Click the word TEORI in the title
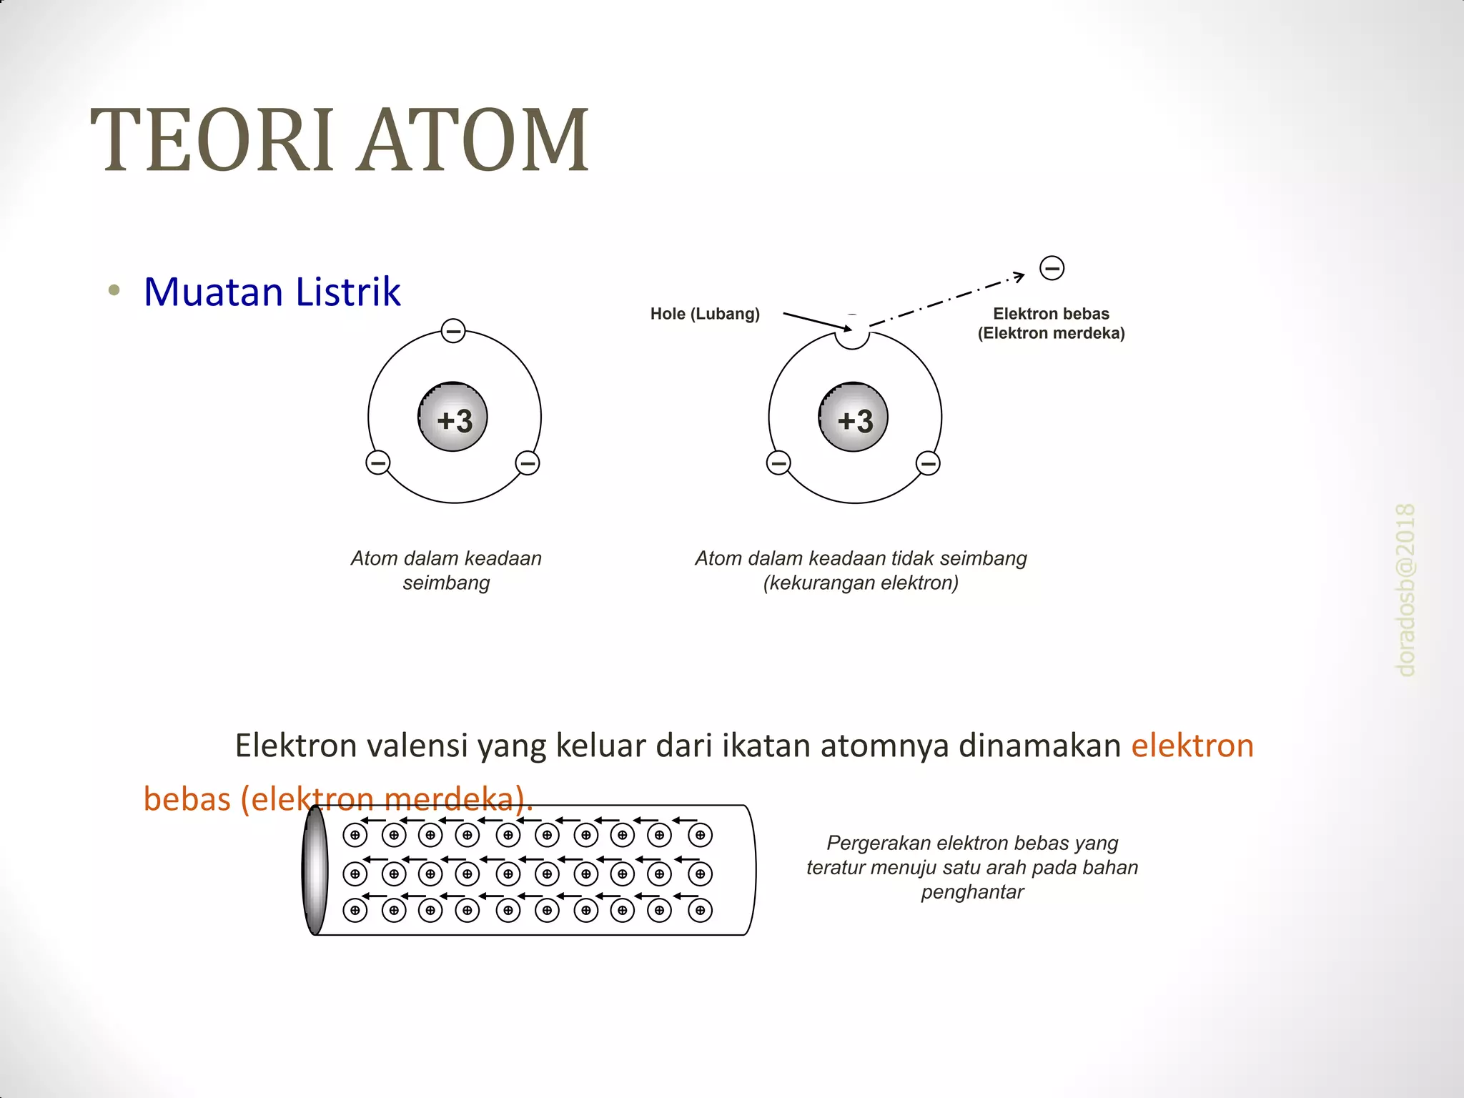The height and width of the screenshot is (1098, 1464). (x=212, y=140)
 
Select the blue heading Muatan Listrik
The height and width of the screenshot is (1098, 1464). (x=272, y=292)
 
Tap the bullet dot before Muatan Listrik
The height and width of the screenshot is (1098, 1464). (x=114, y=290)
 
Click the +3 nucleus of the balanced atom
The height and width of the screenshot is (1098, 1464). (x=453, y=418)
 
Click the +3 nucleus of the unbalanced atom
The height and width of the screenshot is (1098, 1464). (x=854, y=418)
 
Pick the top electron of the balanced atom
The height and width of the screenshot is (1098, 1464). (x=453, y=331)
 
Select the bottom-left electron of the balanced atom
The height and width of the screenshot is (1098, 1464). (x=378, y=463)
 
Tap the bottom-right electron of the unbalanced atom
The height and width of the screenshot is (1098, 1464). (x=928, y=463)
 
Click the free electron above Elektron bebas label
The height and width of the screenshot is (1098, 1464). (x=1052, y=268)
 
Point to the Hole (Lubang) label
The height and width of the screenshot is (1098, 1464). (x=705, y=314)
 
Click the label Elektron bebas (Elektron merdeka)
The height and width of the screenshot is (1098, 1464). (x=1051, y=323)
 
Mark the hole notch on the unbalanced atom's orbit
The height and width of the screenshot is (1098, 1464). (x=852, y=337)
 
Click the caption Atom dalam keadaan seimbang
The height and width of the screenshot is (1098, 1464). (x=446, y=570)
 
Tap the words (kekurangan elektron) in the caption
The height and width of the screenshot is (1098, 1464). (x=861, y=583)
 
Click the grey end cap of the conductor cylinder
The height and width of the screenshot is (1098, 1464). (x=315, y=870)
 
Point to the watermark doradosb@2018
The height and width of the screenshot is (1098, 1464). (x=1405, y=590)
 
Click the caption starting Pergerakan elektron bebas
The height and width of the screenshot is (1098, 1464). (x=972, y=867)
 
